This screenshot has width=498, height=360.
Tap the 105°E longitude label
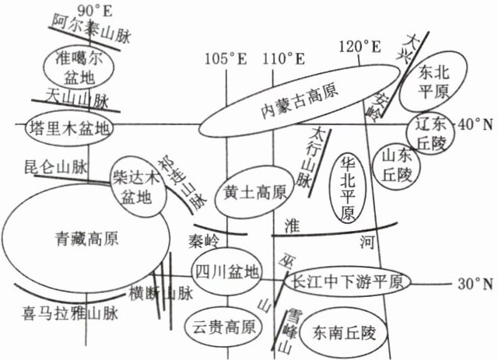pos(226,59)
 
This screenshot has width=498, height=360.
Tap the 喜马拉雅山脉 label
pos(69,315)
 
